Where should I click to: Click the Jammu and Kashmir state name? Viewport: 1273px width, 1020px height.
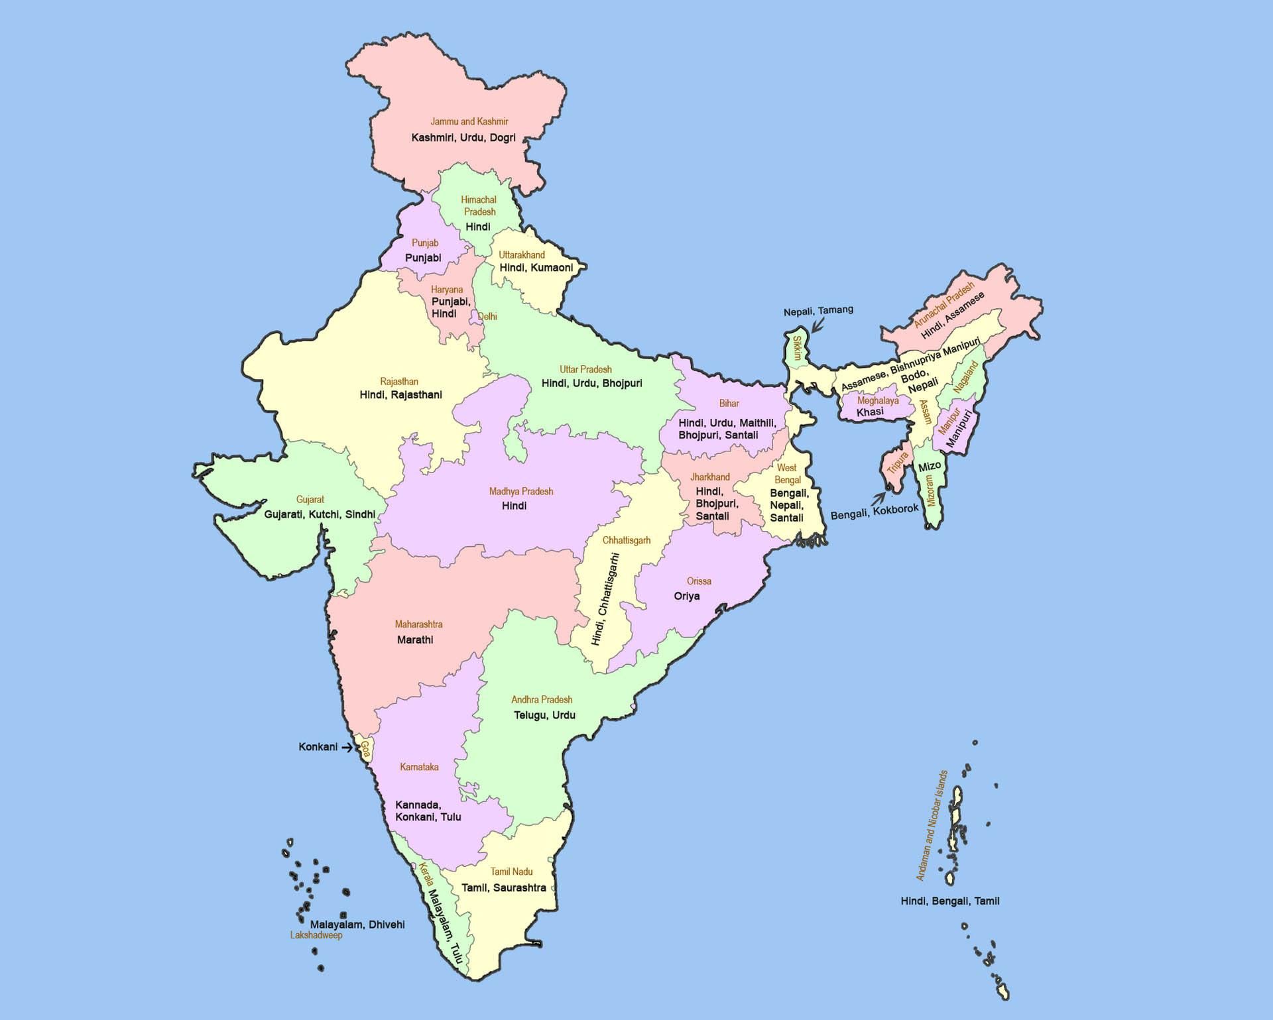pyautogui.click(x=469, y=122)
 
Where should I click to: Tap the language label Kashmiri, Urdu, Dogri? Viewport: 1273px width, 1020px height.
pyautogui.click(x=463, y=138)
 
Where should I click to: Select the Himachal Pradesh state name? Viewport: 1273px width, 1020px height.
pyautogui.click(x=479, y=205)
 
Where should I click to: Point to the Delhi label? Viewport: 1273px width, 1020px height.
pyautogui.click(x=487, y=317)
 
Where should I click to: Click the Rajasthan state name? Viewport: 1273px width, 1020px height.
pyautogui.click(x=399, y=382)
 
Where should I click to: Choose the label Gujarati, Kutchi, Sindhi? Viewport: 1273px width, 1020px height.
pyautogui.click(x=320, y=514)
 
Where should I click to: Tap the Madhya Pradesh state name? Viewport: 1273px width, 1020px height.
pyautogui.click(x=520, y=492)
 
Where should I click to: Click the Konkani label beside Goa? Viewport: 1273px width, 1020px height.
pyautogui.click(x=318, y=747)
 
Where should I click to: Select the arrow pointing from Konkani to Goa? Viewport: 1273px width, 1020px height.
pyautogui.click(x=346, y=748)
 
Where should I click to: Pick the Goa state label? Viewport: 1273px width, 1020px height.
pyautogui.click(x=365, y=750)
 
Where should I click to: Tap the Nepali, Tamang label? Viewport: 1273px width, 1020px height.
pyautogui.click(x=818, y=310)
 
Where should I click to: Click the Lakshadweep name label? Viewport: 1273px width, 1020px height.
pyautogui.click(x=316, y=935)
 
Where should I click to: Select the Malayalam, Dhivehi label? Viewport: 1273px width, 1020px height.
pyautogui.click(x=357, y=925)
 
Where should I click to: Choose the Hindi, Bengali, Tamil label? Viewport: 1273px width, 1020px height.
pyautogui.click(x=949, y=901)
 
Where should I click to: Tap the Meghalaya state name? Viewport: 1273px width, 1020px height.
pyautogui.click(x=878, y=401)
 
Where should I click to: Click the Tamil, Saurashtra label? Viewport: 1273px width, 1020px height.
pyautogui.click(x=504, y=887)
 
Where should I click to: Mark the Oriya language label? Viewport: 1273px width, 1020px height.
pyautogui.click(x=687, y=596)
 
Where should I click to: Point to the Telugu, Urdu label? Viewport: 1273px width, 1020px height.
pyautogui.click(x=544, y=715)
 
